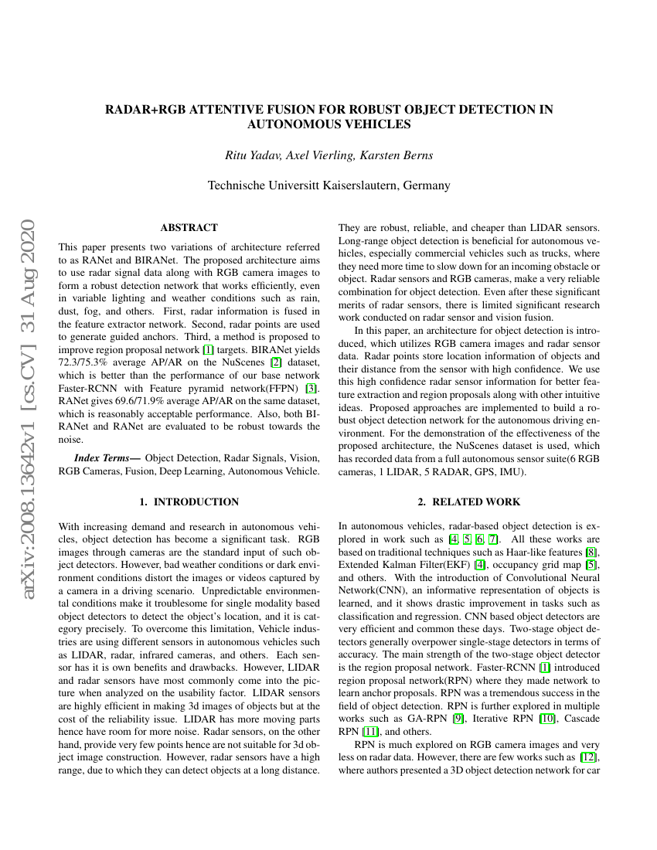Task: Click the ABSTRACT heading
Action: (189, 228)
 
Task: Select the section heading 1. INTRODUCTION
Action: (189, 502)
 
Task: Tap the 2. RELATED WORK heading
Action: (469, 502)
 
